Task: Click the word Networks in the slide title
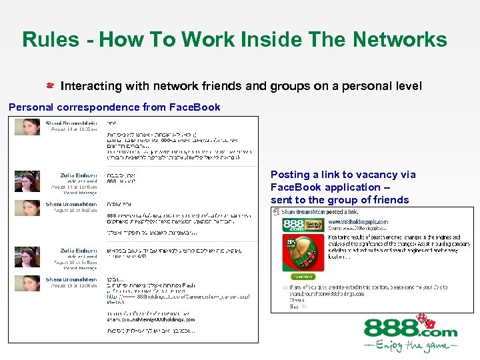(x=400, y=39)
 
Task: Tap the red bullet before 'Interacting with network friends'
(x=50, y=87)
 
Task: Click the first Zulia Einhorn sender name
(x=78, y=175)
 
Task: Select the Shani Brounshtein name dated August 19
(x=71, y=279)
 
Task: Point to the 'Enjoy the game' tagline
(x=410, y=347)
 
